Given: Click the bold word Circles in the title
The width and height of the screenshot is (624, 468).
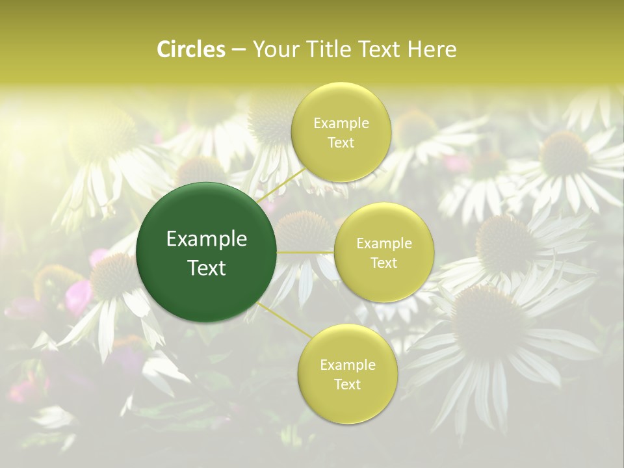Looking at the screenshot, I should coord(190,49).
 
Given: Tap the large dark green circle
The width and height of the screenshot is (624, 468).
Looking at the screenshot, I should coord(207,252).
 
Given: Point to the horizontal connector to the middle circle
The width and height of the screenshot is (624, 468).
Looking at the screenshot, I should coord(305,252).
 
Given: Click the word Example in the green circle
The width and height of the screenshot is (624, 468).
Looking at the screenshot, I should coord(207,239).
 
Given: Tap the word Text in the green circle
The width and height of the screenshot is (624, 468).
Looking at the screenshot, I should coord(207,268).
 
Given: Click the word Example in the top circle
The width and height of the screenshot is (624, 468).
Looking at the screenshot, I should coord(341,123).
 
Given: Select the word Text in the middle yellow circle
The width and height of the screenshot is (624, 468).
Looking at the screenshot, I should coord(383,263).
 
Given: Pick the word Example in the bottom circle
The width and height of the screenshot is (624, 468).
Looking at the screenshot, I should coord(347,365).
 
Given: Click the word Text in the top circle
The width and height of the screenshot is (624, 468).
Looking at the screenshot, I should coord(341,142).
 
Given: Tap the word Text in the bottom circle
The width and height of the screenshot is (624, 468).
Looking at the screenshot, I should coord(347,384).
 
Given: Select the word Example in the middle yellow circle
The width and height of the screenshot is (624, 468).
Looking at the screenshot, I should coord(383,243).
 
